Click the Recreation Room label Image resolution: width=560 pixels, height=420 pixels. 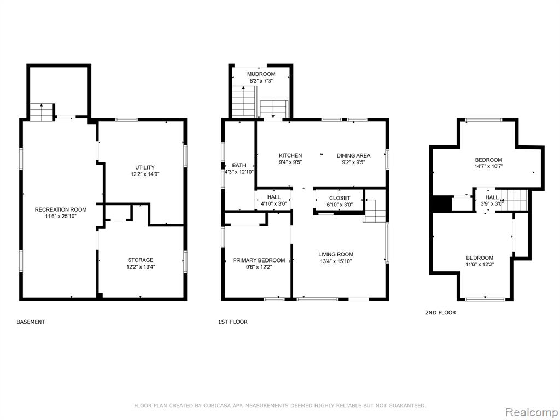click(60, 209)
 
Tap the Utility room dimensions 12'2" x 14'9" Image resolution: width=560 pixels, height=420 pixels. click(145, 174)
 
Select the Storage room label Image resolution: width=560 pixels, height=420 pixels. click(141, 260)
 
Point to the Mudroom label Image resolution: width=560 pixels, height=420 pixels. click(261, 74)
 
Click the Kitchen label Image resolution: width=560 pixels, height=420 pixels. click(290, 155)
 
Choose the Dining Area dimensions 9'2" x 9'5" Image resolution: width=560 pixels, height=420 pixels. click(354, 162)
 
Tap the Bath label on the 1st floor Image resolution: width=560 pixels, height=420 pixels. click(239, 165)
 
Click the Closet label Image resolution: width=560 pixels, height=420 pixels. click(340, 198)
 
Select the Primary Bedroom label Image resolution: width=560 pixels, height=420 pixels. click(259, 260)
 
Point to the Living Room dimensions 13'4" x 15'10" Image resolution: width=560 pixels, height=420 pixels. click(336, 261)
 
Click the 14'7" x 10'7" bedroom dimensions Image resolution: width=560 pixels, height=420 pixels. click(488, 166)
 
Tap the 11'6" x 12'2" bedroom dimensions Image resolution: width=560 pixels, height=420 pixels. click(480, 265)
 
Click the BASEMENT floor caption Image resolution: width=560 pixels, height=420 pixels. click(31, 322)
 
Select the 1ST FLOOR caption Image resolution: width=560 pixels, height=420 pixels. click(233, 322)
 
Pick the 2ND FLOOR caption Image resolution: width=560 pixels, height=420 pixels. click(440, 312)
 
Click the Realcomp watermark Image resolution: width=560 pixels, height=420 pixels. click(531, 412)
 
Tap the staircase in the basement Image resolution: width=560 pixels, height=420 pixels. click(42, 113)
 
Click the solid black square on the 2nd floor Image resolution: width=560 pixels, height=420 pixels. click(442, 204)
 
